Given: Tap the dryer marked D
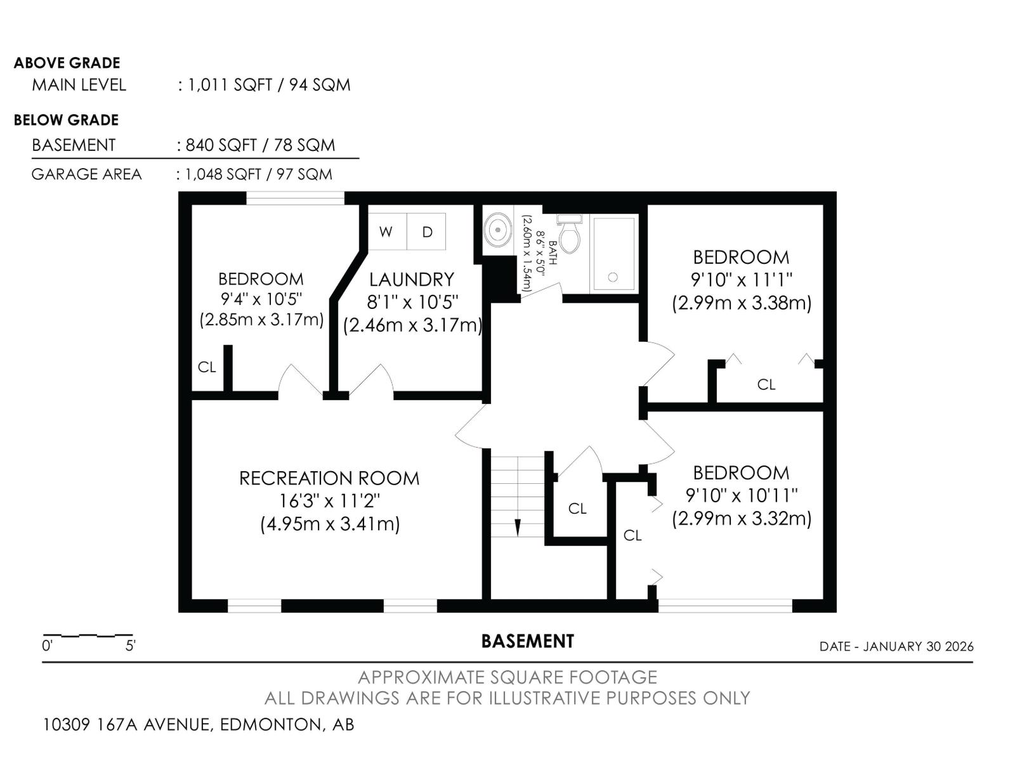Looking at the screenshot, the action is point(426,231).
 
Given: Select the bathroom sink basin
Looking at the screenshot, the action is point(497,229).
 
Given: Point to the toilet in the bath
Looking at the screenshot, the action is point(570,234).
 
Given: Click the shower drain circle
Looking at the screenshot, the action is point(613,277).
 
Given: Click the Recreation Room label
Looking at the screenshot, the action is point(329,478).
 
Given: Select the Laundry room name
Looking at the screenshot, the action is point(412,280).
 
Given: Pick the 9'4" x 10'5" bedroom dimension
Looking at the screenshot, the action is point(261,299).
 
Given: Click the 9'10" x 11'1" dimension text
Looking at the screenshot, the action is point(741,280).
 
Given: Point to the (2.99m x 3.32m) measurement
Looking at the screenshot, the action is point(742,518).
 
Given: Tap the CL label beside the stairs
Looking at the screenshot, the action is point(577,509).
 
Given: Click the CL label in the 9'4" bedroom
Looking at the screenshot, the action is point(207,367).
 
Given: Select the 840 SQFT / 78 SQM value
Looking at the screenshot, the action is point(260,145).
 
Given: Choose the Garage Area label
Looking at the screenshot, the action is point(86,174).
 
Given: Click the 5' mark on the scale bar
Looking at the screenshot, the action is point(131,646).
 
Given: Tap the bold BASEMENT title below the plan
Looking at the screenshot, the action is point(528,641).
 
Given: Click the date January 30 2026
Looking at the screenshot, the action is point(919,646).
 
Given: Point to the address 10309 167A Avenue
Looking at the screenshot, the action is point(128,724).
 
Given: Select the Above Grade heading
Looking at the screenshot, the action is point(67,63).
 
